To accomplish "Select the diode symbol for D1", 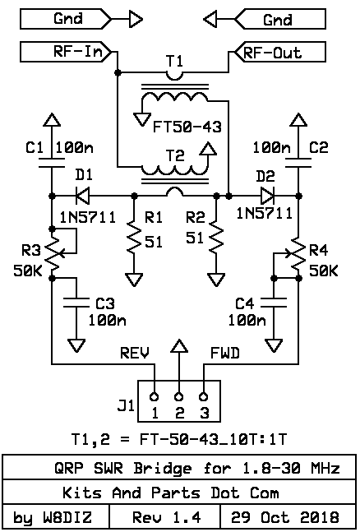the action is (82, 196).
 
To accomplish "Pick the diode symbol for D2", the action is (268, 196).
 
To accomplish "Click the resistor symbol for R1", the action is (134, 237).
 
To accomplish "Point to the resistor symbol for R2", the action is (216, 237).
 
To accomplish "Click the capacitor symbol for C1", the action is (52, 163).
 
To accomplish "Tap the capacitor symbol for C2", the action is (298, 163).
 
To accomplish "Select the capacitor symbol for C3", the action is (76, 303).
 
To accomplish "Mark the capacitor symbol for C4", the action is (274, 303).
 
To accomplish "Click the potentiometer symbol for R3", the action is (54, 253).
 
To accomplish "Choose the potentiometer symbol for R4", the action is (296, 253).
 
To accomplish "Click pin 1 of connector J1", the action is (155, 396).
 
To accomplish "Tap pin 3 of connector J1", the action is (204, 396).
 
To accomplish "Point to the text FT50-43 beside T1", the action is (187, 127).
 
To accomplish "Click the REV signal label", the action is (135, 354).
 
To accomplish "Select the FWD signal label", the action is (225, 354).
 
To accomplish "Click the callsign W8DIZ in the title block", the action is (67, 517).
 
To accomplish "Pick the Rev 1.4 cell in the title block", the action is (165, 517).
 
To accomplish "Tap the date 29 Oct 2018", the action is (285, 517).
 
